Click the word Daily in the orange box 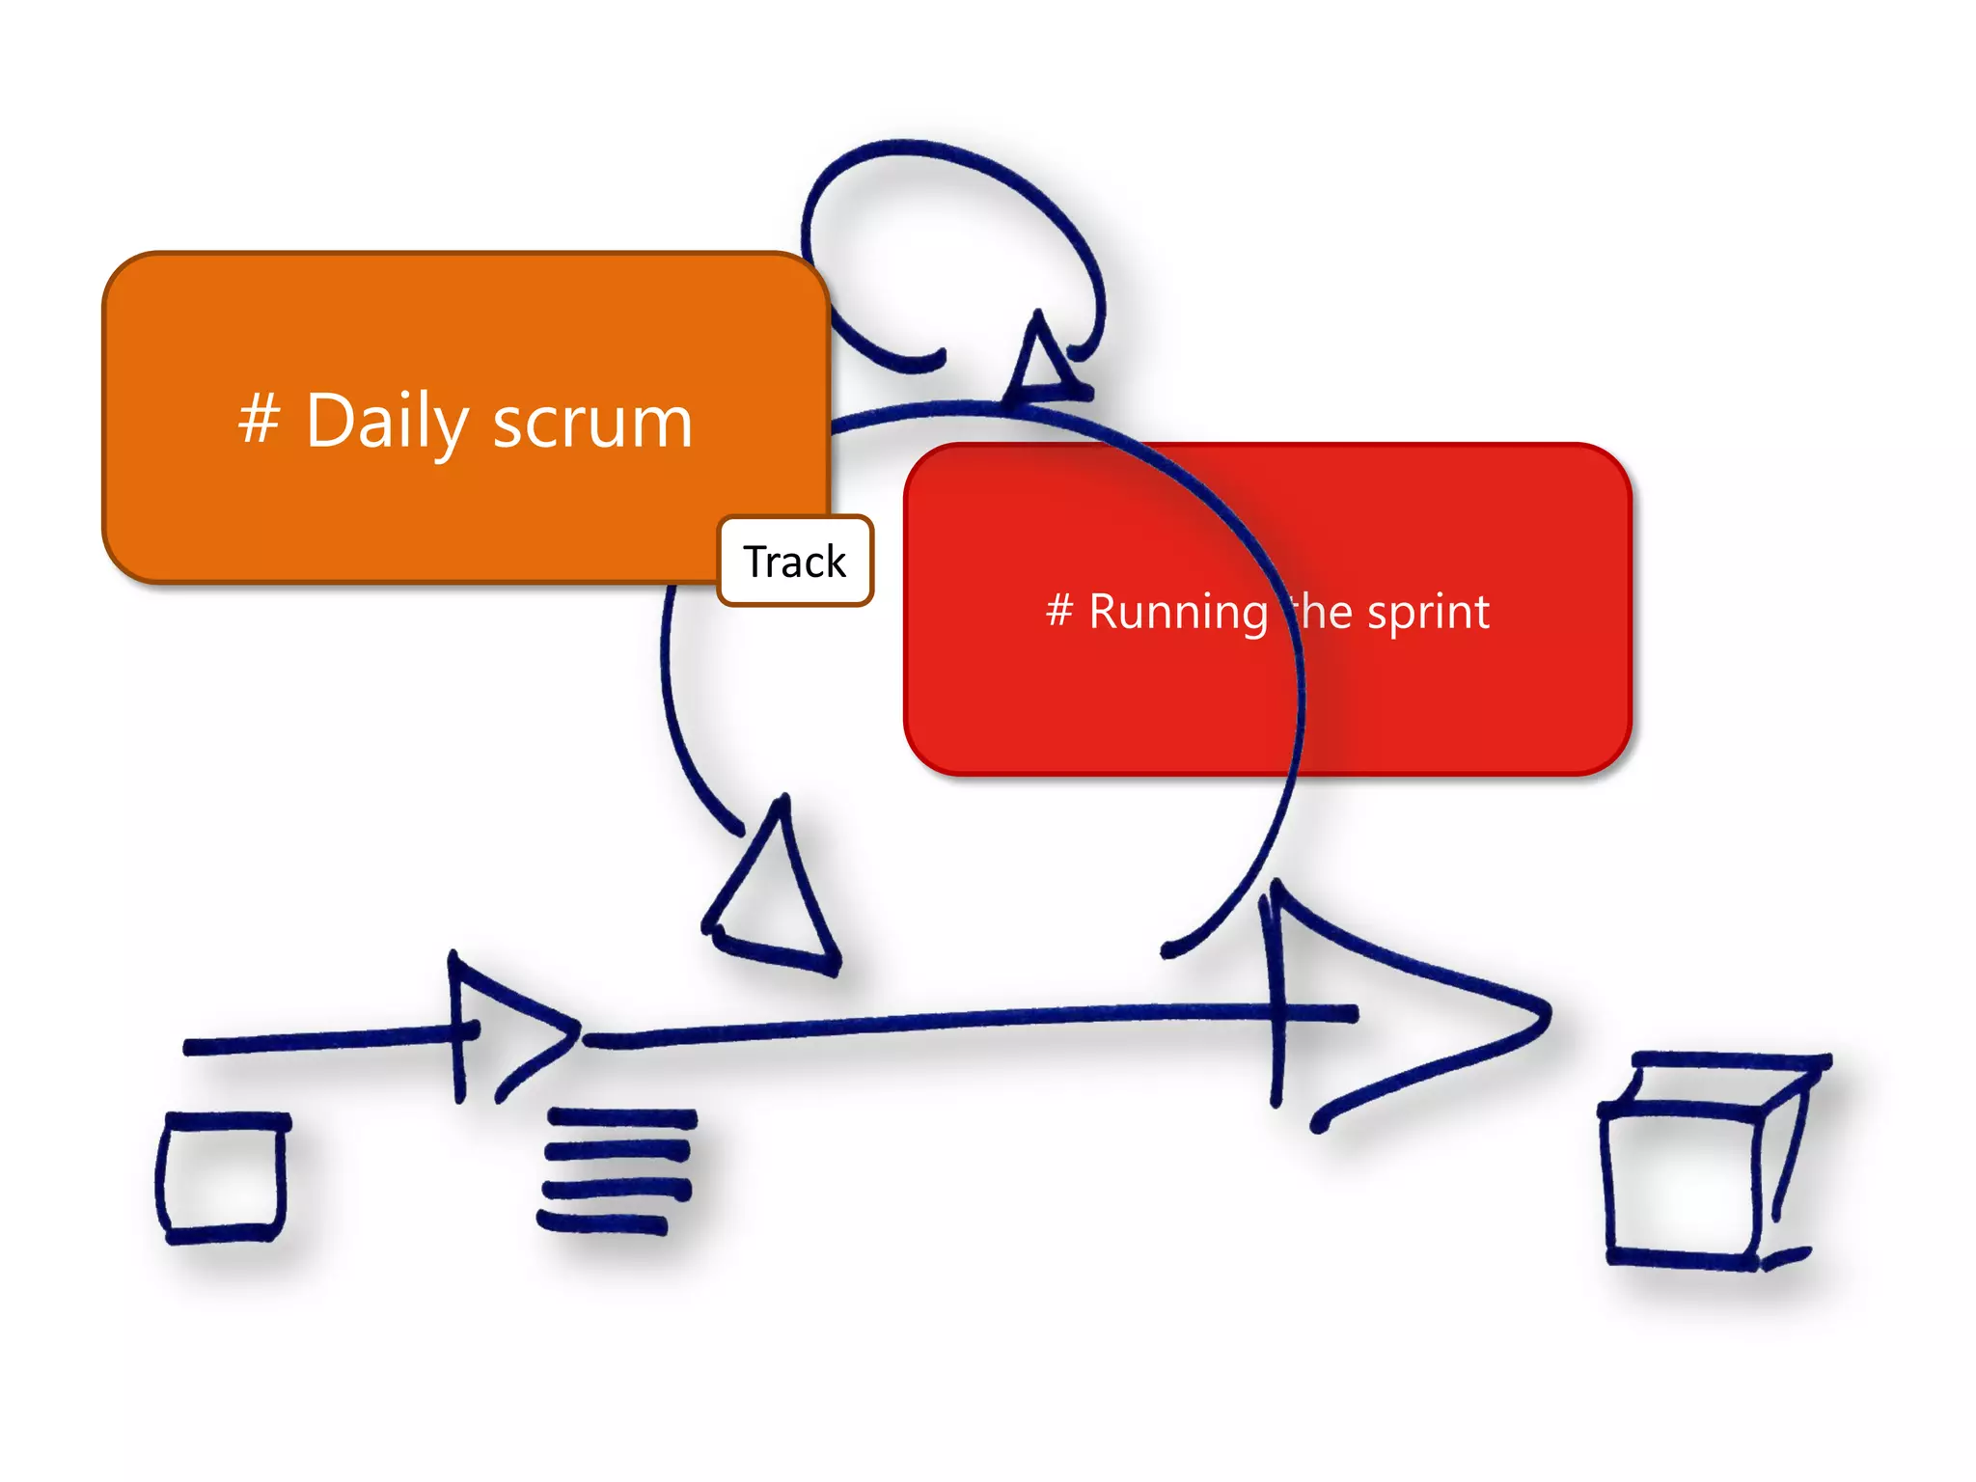pyautogui.click(x=387, y=422)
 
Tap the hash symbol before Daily pyautogui.click(x=259, y=419)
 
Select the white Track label pyautogui.click(x=795, y=562)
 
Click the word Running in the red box pyautogui.click(x=1178, y=613)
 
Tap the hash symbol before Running pyautogui.click(x=1059, y=610)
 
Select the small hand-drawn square pyautogui.click(x=223, y=1178)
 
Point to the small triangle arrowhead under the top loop pyautogui.click(x=1042, y=362)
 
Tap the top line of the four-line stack pyautogui.click(x=622, y=1118)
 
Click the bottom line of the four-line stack pyautogui.click(x=603, y=1224)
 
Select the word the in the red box pyautogui.click(x=1322, y=613)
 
